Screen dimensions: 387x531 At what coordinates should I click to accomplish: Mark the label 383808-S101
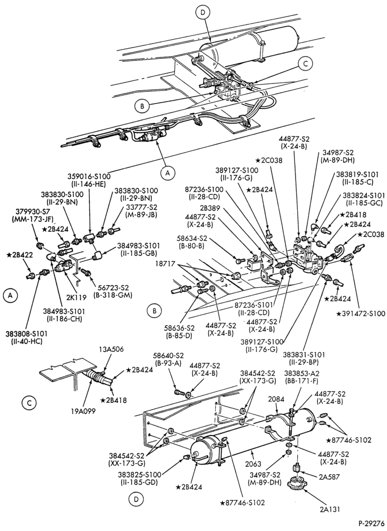coord(27,333)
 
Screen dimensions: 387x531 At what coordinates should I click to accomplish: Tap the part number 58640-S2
coord(168,356)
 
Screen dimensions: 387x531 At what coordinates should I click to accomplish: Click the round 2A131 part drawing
coord(296,485)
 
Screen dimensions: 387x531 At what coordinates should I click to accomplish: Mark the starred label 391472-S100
coord(361,314)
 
